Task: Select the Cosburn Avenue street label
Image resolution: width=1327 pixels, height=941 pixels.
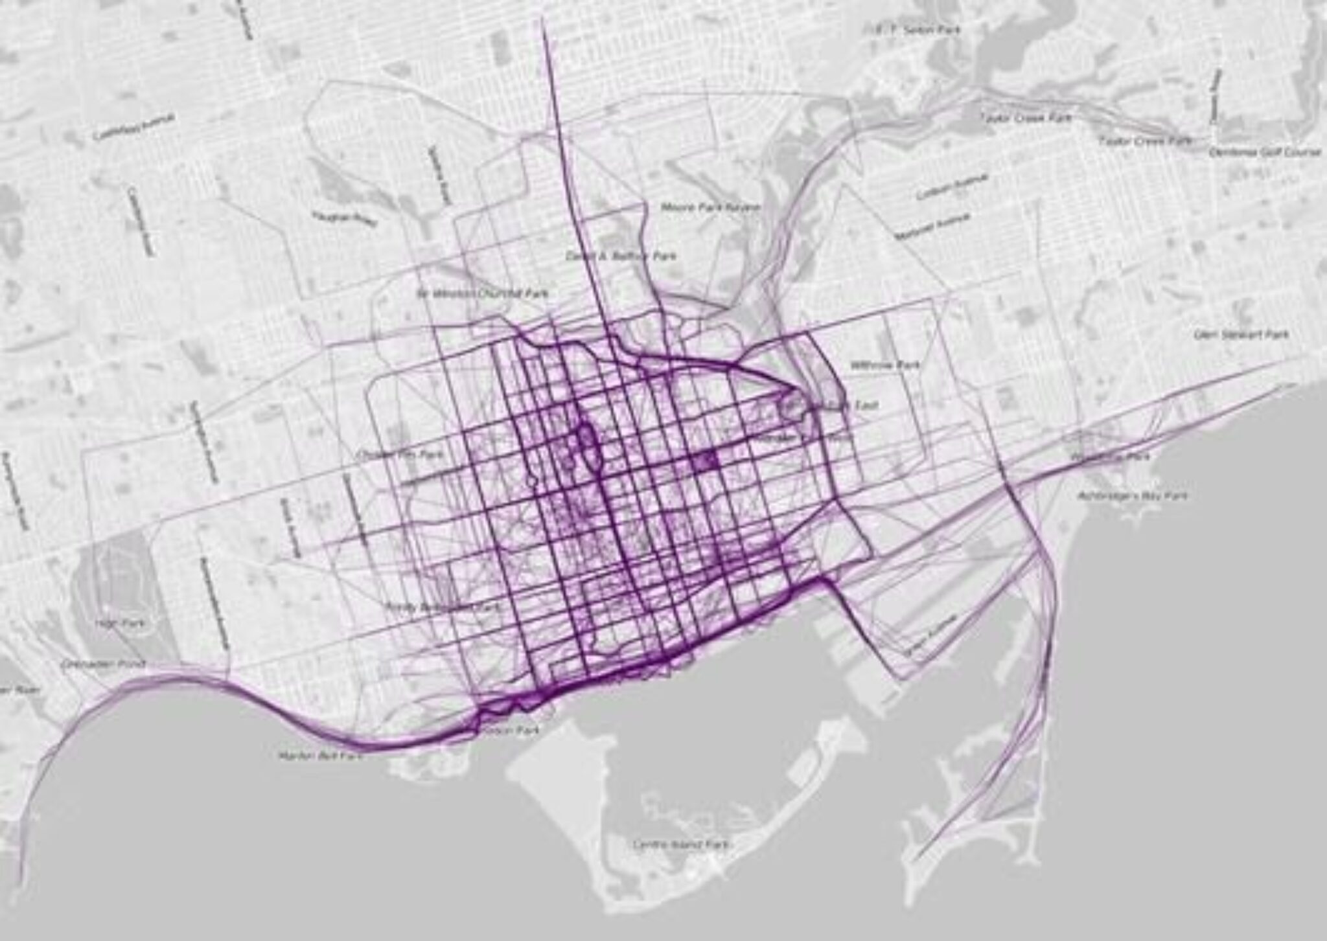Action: click(951, 187)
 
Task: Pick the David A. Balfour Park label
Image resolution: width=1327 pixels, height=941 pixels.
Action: click(621, 256)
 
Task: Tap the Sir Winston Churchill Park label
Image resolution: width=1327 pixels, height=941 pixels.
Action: click(483, 293)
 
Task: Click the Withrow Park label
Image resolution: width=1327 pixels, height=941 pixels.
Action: click(885, 365)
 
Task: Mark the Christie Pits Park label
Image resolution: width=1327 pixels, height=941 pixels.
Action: click(402, 455)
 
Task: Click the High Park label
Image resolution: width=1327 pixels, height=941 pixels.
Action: click(120, 622)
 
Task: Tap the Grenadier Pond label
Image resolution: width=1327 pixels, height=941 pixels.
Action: click(104, 664)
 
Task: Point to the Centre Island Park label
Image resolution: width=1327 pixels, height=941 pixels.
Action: click(681, 845)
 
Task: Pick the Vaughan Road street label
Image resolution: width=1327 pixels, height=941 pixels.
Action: click(344, 218)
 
